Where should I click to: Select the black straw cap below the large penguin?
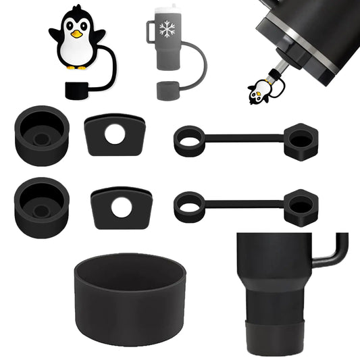80,90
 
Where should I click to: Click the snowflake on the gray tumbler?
166,29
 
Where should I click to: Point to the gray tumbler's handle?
151,32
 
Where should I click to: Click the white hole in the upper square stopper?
115,134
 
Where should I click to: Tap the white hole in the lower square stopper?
121,207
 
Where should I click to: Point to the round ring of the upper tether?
189,140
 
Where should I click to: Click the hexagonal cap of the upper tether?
300,140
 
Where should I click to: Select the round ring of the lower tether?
189,206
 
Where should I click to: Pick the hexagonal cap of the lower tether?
300,207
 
